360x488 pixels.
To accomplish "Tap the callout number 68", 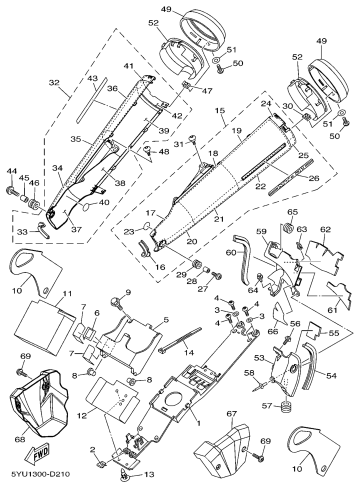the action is click(x=19, y=440).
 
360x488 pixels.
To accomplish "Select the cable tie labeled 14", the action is click(x=180, y=339).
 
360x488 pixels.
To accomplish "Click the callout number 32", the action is click(x=54, y=82).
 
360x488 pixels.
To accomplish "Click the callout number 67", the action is click(x=232, y=414).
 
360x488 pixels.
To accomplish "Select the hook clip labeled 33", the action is click(x=43, y=229).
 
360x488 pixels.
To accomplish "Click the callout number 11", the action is click(x=67, y=293).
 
